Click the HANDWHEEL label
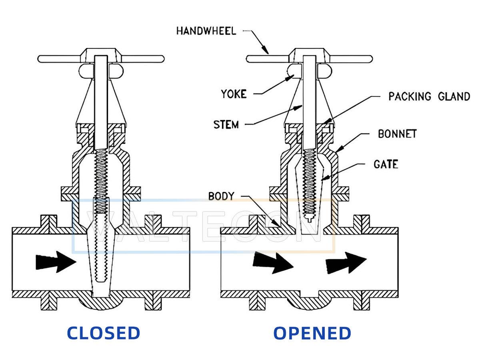(x=206, y=31)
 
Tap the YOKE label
(x=234, y=94)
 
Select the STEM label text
(x=226, y=124)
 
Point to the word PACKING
(x=410, y=96)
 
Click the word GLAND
(x=454, y=96)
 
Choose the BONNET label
(x=397, y=134)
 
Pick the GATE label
(x=386, y=164)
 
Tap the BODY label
(x=221, y=196)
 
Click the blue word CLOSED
(x=104, y=333)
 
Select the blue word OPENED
(x=312, y=333)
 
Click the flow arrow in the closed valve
(x=56, y=262)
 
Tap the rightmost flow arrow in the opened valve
(x=346, y=262)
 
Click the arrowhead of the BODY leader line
(x=276, y=224)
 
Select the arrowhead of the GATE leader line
(x=325, y=178)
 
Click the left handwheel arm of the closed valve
(x=60, y=59)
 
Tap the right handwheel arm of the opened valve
(x=351, y=59)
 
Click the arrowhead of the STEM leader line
(x=298, y=108)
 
